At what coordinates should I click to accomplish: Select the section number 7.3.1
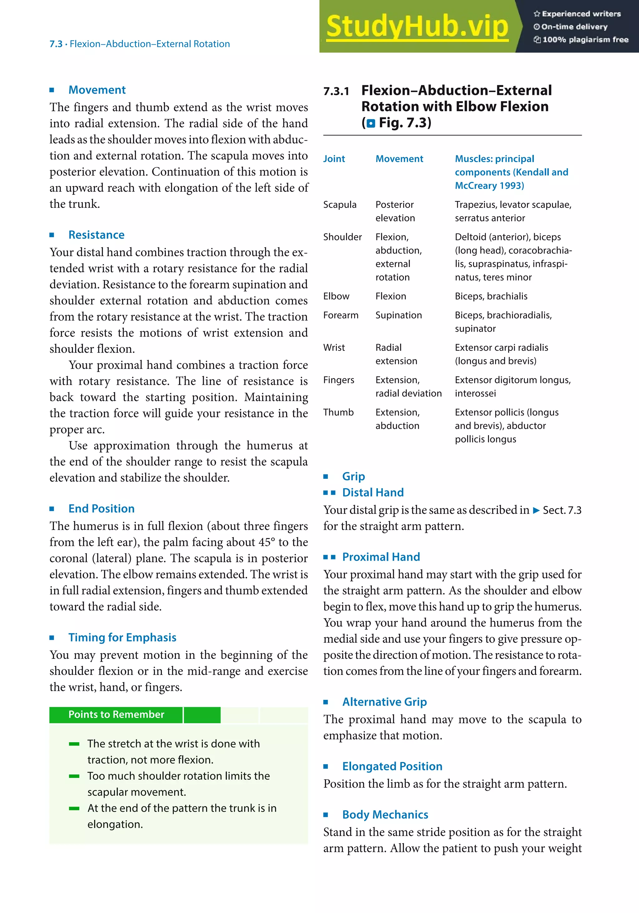(x=336, y=91)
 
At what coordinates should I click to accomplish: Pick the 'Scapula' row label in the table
(x=339, y=204)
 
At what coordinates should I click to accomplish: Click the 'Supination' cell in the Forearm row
(x=398, y=315)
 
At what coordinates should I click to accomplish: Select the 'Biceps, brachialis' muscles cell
(x=491, y=296)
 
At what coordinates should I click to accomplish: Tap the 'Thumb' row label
(x=338, y=412)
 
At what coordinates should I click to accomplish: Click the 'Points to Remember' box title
(x=116, y=714)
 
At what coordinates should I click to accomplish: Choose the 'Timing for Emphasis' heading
(x=122, y=637)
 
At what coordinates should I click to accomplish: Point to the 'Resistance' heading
(x=96, y=235)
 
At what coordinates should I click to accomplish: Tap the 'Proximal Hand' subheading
(x=381, y=557)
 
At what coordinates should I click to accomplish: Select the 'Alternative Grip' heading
(x=384, y=702)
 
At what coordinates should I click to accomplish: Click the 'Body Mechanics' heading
(x=385, y=815)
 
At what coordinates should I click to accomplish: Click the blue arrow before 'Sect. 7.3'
(x=536, y=511)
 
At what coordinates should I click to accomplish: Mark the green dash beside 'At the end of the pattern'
(x=74, y=808)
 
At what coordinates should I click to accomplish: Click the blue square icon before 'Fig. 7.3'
(x=371, y=123)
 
